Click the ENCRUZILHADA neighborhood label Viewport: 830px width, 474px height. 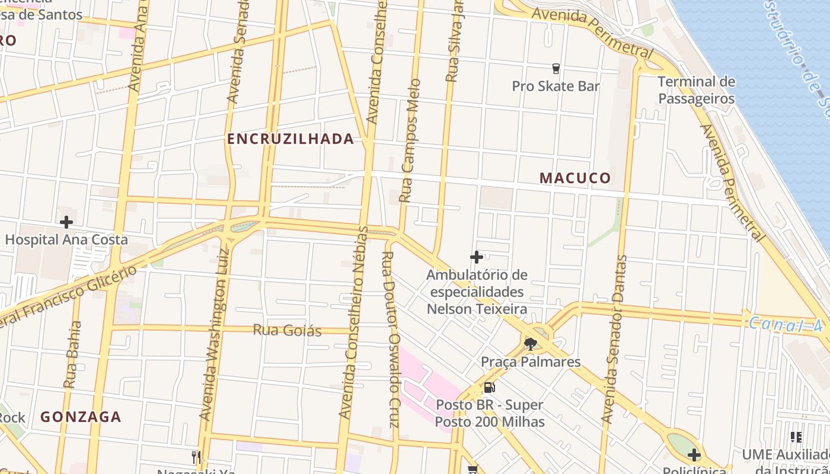point(290,139)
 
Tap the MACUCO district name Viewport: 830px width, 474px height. point(575,178)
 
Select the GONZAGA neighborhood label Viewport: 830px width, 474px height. point(81,417)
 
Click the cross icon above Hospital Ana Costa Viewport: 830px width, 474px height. point(66,222)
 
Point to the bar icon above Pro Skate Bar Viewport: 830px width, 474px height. point(556,69)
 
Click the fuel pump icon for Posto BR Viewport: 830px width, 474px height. point(489,387)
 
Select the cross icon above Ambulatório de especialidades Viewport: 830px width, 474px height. point(476,257)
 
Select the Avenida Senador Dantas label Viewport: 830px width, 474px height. point(614,339)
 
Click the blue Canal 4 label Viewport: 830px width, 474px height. point(785,325)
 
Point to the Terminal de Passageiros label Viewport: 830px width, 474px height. point(697,90)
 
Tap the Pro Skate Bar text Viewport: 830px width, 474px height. point(556,87)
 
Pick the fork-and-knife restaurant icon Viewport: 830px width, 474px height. point(196,456)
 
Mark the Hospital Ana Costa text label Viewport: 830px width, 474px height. point(66,240)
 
